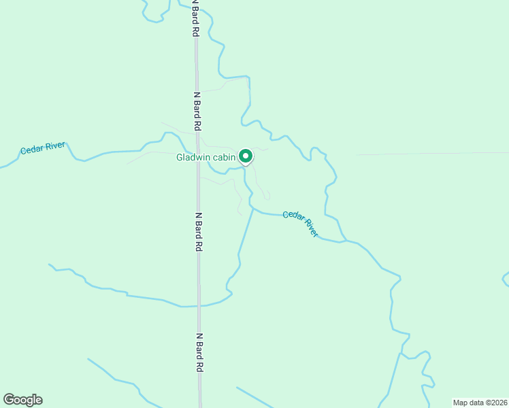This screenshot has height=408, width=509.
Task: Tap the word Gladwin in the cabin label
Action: (193, 158)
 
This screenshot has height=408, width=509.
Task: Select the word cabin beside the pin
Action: (223, 158)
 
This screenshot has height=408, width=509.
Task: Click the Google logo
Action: (22, 400)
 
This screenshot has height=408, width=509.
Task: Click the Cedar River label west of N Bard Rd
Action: (42, 149)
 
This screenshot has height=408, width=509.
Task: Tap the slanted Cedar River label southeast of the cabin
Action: (301, 223)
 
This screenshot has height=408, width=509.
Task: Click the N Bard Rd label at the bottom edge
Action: (200, 352)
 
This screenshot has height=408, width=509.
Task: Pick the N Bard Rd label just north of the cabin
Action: (197, 111)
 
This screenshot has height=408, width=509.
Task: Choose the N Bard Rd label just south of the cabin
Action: (199, 232)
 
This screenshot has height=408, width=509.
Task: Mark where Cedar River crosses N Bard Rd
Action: (198, 151)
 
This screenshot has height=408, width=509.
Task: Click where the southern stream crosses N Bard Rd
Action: (199, 305)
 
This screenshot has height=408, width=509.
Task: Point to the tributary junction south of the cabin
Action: (254, 209)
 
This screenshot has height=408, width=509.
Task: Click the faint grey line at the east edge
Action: (436, 154)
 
